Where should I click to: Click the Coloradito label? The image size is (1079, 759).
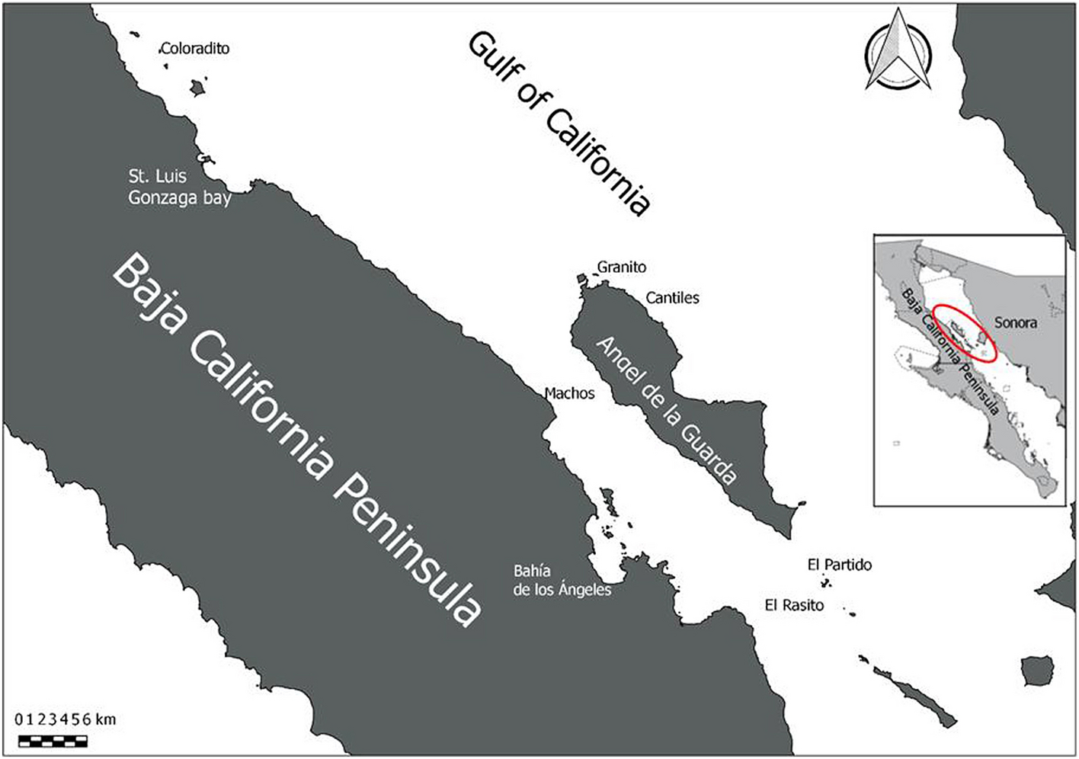click(x=195, y=49)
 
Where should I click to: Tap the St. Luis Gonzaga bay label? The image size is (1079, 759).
click(x=179, y=187)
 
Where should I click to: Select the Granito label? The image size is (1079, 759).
click(x=621, y=267)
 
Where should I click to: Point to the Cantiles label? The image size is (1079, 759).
click(x=672, y=298)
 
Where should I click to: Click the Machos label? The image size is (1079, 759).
click(x=569, y=393)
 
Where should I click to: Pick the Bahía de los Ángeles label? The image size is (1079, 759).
click(x=562, y=581)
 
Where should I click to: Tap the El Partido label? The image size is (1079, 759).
click(x=839, y=565)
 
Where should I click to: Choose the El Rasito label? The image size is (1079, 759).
click(x=794, y=605)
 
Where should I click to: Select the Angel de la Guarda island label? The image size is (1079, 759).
click(x=666, y=411)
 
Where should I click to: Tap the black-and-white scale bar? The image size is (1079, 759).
click(x=53, y=741)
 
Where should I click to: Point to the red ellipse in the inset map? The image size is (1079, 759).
click(x=965, y=334)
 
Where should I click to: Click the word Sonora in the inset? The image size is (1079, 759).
click(x=1015, y=323)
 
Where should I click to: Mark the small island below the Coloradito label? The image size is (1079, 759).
click(x=199, y=88)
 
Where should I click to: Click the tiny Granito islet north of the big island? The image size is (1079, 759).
click(x=581, y=280)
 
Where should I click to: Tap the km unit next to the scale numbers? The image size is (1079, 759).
click(x=106, y=719)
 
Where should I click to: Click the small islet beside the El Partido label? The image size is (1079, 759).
click(x=824, y=584)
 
